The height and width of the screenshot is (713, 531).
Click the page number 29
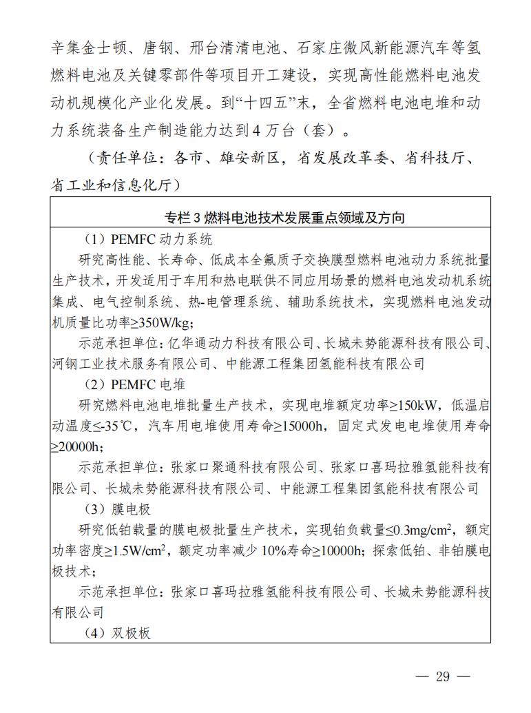(442, 676)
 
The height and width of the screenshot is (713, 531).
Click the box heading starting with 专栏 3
(284, 218)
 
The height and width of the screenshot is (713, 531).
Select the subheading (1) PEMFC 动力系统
(147, 240)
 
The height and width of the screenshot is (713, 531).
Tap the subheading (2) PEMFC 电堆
(134, 384)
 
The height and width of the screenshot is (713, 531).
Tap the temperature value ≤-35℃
(110, 426)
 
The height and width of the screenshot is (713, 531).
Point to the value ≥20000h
(76, 446)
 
